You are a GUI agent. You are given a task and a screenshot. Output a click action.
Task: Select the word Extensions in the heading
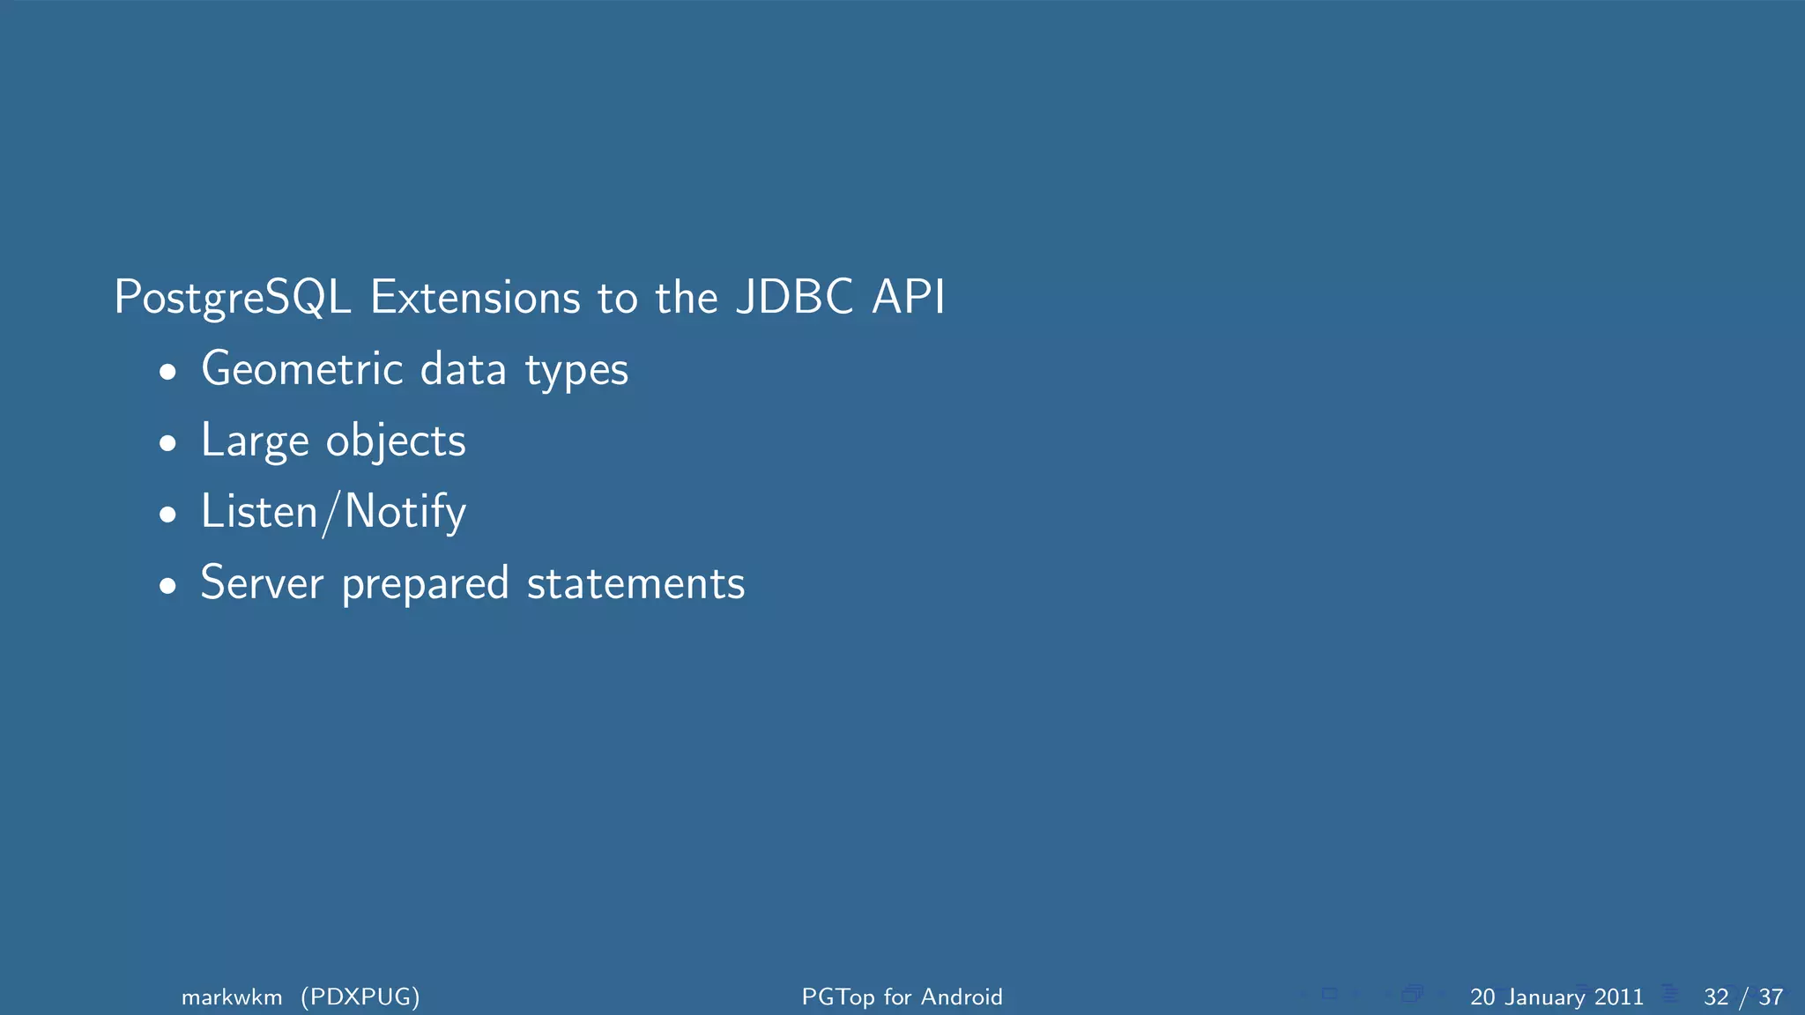475,298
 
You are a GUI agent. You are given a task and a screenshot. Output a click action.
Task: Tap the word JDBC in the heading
794,297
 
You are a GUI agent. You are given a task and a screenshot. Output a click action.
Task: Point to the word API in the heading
908,297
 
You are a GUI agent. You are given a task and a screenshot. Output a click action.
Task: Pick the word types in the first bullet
576,370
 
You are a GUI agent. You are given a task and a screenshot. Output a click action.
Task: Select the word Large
254,441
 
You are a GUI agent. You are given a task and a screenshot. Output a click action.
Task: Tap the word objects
396,441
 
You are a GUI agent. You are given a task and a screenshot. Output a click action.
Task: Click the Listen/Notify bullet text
333,512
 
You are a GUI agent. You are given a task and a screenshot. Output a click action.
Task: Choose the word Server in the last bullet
262,583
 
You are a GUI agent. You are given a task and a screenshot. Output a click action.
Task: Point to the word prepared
425,585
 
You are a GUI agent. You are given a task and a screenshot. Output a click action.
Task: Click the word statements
635,583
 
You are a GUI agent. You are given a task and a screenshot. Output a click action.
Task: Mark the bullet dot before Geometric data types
167,373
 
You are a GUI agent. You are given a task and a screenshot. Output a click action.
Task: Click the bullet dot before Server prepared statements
167,587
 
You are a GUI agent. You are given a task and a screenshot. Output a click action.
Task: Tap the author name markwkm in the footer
232,996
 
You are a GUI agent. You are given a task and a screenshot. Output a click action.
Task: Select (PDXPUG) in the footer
360,996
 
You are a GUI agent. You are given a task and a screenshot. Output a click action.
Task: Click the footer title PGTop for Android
902,996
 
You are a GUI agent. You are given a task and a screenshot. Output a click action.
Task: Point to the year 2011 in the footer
1618,996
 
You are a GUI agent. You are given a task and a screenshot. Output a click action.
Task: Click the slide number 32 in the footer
1716,996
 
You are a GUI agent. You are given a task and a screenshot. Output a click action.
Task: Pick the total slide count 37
1771,996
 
